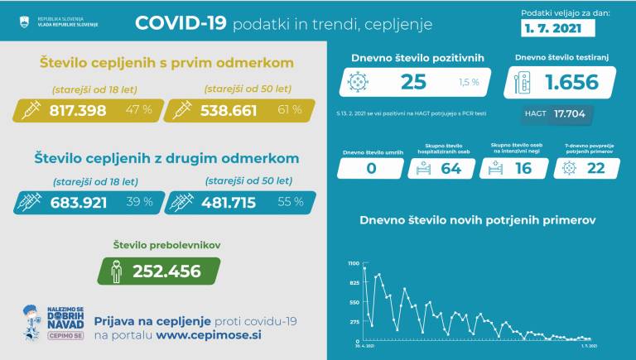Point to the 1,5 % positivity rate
(469, 83)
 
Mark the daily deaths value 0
(371, 169)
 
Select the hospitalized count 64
(451, 169)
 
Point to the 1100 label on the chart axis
(353, 263)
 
